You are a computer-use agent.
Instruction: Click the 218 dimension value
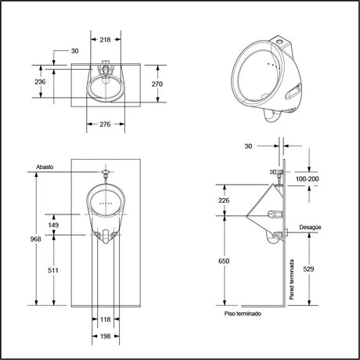click(105, 40)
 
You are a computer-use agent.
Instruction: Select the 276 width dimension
click(105, 124)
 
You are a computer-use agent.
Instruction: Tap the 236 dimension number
click(40, 81)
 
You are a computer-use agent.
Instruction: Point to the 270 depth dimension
click(157, 84)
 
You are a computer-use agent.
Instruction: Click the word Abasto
click(45, 167)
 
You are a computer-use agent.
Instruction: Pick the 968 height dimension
click(35, 239)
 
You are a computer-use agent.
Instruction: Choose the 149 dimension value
click(53, 225)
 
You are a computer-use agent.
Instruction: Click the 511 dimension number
click(53, 271)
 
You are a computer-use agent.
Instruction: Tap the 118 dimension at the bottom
click(106, 319)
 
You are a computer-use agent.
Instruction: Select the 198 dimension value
click(106, 337)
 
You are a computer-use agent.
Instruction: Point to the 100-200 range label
click(307, 179)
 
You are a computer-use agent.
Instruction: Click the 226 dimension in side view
click(224, 200)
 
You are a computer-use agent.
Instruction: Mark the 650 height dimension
click(224, 261)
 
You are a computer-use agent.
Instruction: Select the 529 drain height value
click(308, 269)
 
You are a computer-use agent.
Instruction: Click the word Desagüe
click(310, 228)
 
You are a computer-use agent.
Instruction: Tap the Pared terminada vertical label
click(292, 279)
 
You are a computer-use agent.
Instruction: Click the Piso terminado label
click(243, 314)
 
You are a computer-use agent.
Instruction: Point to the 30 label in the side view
click(248, 146)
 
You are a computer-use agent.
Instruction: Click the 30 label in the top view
click(74, 51)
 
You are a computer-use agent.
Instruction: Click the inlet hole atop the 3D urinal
click(280, 41)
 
